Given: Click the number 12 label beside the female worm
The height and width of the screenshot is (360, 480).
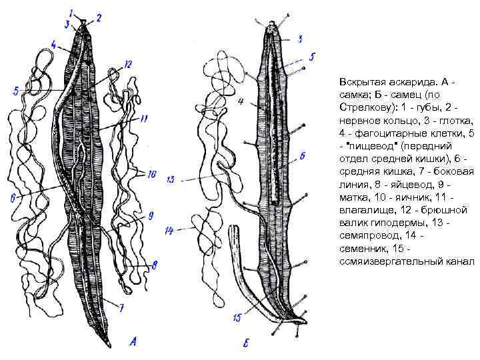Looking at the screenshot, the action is point(128,64).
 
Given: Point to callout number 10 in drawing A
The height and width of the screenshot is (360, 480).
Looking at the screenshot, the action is point(152,175).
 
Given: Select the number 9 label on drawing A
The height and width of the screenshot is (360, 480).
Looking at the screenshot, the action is point(151,215).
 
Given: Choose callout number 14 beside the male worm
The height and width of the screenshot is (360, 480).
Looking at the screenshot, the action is point(169,231).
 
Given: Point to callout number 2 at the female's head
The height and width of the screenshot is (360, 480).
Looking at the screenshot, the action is point(99,18).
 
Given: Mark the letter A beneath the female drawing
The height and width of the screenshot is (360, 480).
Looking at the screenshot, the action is point(133,342).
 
